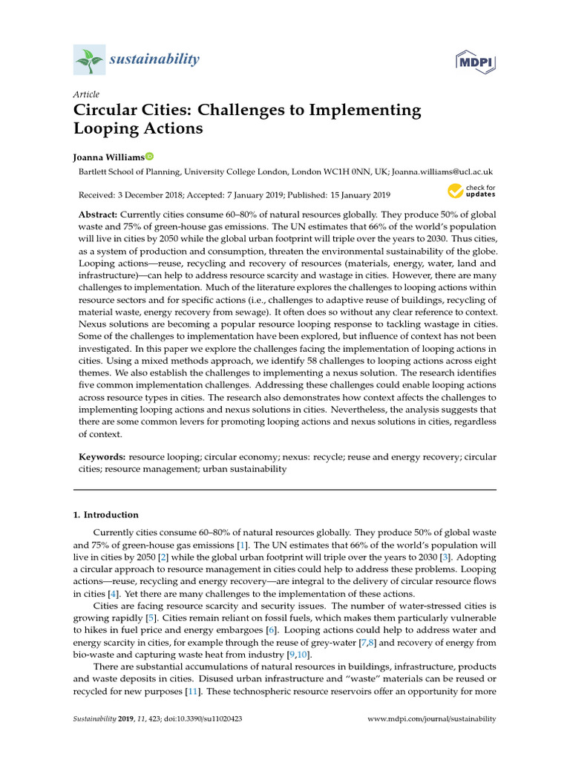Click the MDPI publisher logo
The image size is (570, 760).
point(476,62)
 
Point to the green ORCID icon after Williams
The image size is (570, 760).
point(149,157)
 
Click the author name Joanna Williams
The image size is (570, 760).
point(108,157)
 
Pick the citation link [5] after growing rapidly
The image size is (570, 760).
point(151,617)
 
